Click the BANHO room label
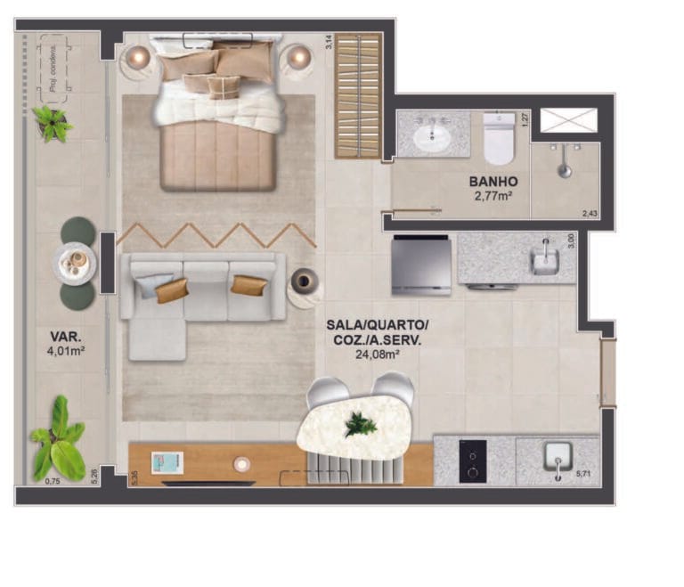tap(493, 182)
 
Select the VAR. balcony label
tap(66, 337)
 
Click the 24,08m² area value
tap(376, 353)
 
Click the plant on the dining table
tap(360, 424)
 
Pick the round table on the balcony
tap(74, 262)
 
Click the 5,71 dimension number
tap(584, 473)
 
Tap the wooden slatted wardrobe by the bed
tap(358, 95)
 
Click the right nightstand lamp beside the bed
tap(297, 58)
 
